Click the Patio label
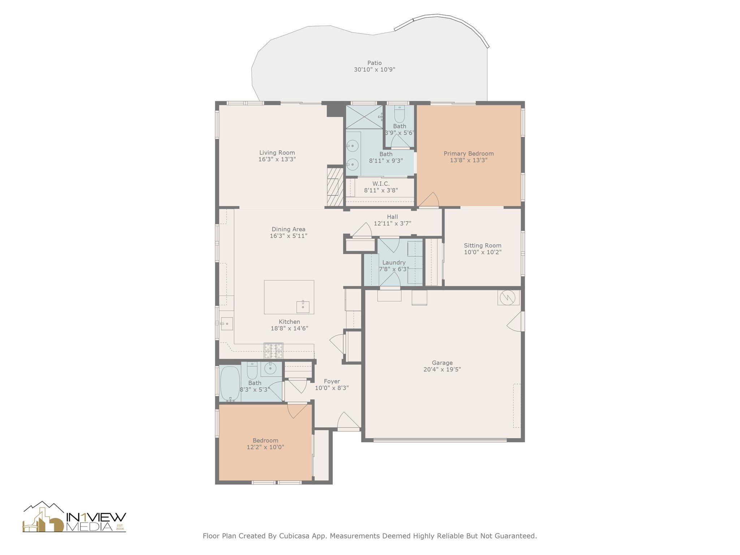point(374,63)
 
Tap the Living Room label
point(277,153)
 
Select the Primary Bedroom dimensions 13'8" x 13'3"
point(469,160)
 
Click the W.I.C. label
point(381,184)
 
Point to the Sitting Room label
point(483,245)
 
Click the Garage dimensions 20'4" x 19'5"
point(442,369)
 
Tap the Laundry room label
point(394,263)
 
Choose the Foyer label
point(332,381)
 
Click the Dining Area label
point(288,229)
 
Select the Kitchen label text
point(289,322)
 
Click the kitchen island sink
point(303,307)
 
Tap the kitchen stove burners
point(274,350)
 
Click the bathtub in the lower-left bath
point(230,384)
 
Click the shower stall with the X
point(365,116)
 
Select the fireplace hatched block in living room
point(335,186)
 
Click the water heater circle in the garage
point(508,297)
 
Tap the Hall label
point(392,217)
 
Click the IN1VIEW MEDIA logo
point(74,517)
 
